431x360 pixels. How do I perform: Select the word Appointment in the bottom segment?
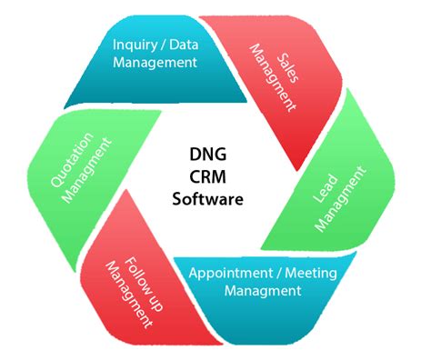tap(229, 273)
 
